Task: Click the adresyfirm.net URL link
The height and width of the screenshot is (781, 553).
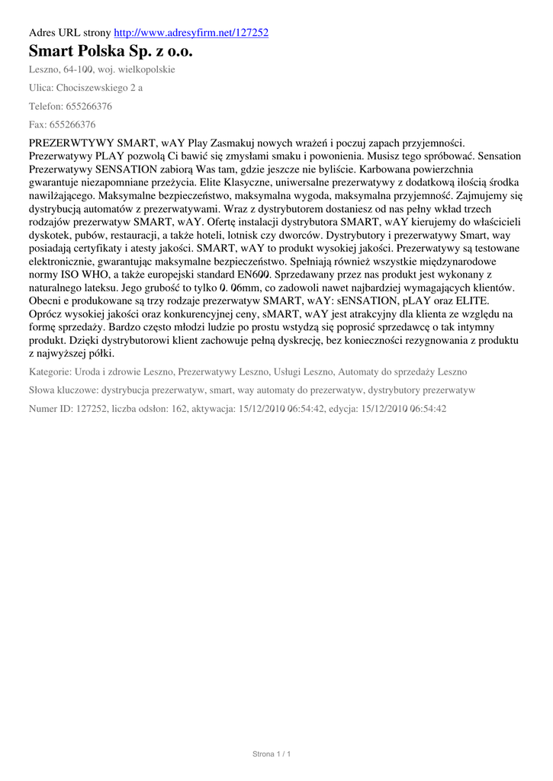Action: (191, 33)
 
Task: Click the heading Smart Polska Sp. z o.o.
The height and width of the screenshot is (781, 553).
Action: (111, 51)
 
